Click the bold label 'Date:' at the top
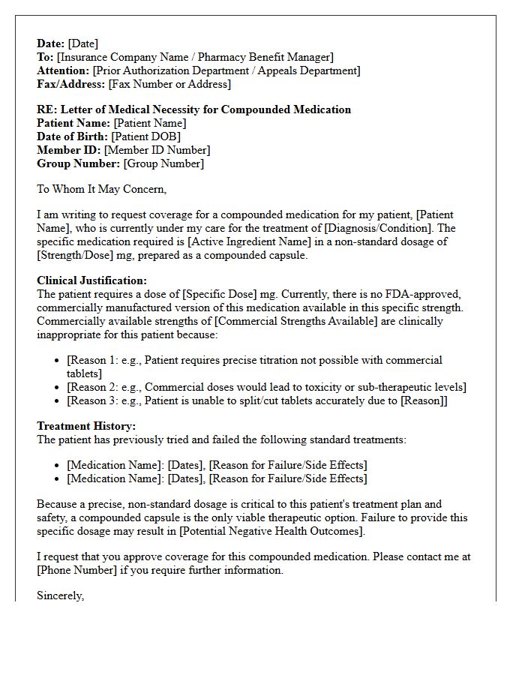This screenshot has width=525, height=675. pyautogui.click(x=51, y=43)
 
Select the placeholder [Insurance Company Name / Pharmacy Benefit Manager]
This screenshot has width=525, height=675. pyautogui.click(x=195, y=57)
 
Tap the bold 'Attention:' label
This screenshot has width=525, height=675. pyautogui.click(x=63, y=70)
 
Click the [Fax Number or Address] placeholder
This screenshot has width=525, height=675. pyautogui.click(x=169, y=84)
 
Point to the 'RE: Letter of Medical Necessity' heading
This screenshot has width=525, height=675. pyautogui.click(x=193, y=109)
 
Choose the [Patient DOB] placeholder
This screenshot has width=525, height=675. pyautogui.click(x=148, y=136)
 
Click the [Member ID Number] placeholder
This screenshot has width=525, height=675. pyautogui.click(x=157, y=150)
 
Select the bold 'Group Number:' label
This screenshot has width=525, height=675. pyautogui.click(x=78, y=163)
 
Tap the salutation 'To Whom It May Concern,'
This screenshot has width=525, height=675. pyautogui.click(x=101, y=189)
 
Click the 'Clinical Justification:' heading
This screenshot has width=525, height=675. pyautogui.click(x=91, y=280)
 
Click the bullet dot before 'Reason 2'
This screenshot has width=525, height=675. pyautogui.click(x=58, y=388)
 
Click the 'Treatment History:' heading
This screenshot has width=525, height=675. pyautogui.click(x=86, y=426)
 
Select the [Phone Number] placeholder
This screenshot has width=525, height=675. pyautogui.click(x=75, y=570)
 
